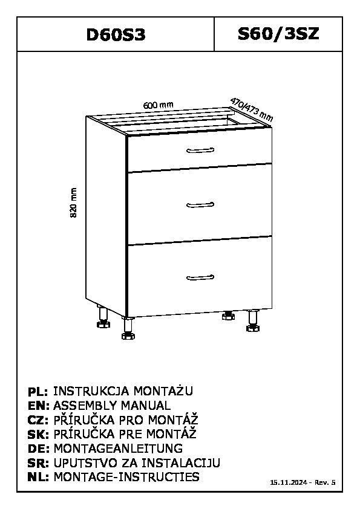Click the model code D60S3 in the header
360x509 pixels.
(x=116, y=34)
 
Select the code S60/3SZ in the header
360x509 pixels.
(x=278, y=34)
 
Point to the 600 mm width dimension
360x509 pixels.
(x=159, y=105)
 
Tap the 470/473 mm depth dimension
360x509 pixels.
(x=252, y=109)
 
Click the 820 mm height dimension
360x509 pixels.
(x=74, y=203)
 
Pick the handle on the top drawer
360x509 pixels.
(x=200, y=151)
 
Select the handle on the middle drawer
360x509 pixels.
(x=200, y=205)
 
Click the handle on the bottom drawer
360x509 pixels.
(x=200, y=277)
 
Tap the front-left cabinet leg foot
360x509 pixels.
(x=128, y=336)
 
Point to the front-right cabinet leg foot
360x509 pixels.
(x=253, y=328)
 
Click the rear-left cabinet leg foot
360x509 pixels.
(x=103, y=323)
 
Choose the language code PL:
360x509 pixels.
(x=38, y=392)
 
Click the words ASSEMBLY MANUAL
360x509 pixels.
(x=112, y=406)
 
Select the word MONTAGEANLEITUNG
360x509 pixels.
(x=118, y=449)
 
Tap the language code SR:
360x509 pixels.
(x=38, y=463)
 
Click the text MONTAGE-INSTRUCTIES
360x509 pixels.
(x=126, y=477)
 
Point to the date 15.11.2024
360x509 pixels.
(x=289, y=482)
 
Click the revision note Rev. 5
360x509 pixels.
(x=324, y=482)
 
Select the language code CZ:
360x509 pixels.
(x=38, y=420)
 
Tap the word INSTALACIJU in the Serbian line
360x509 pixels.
(x=181, y=462)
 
